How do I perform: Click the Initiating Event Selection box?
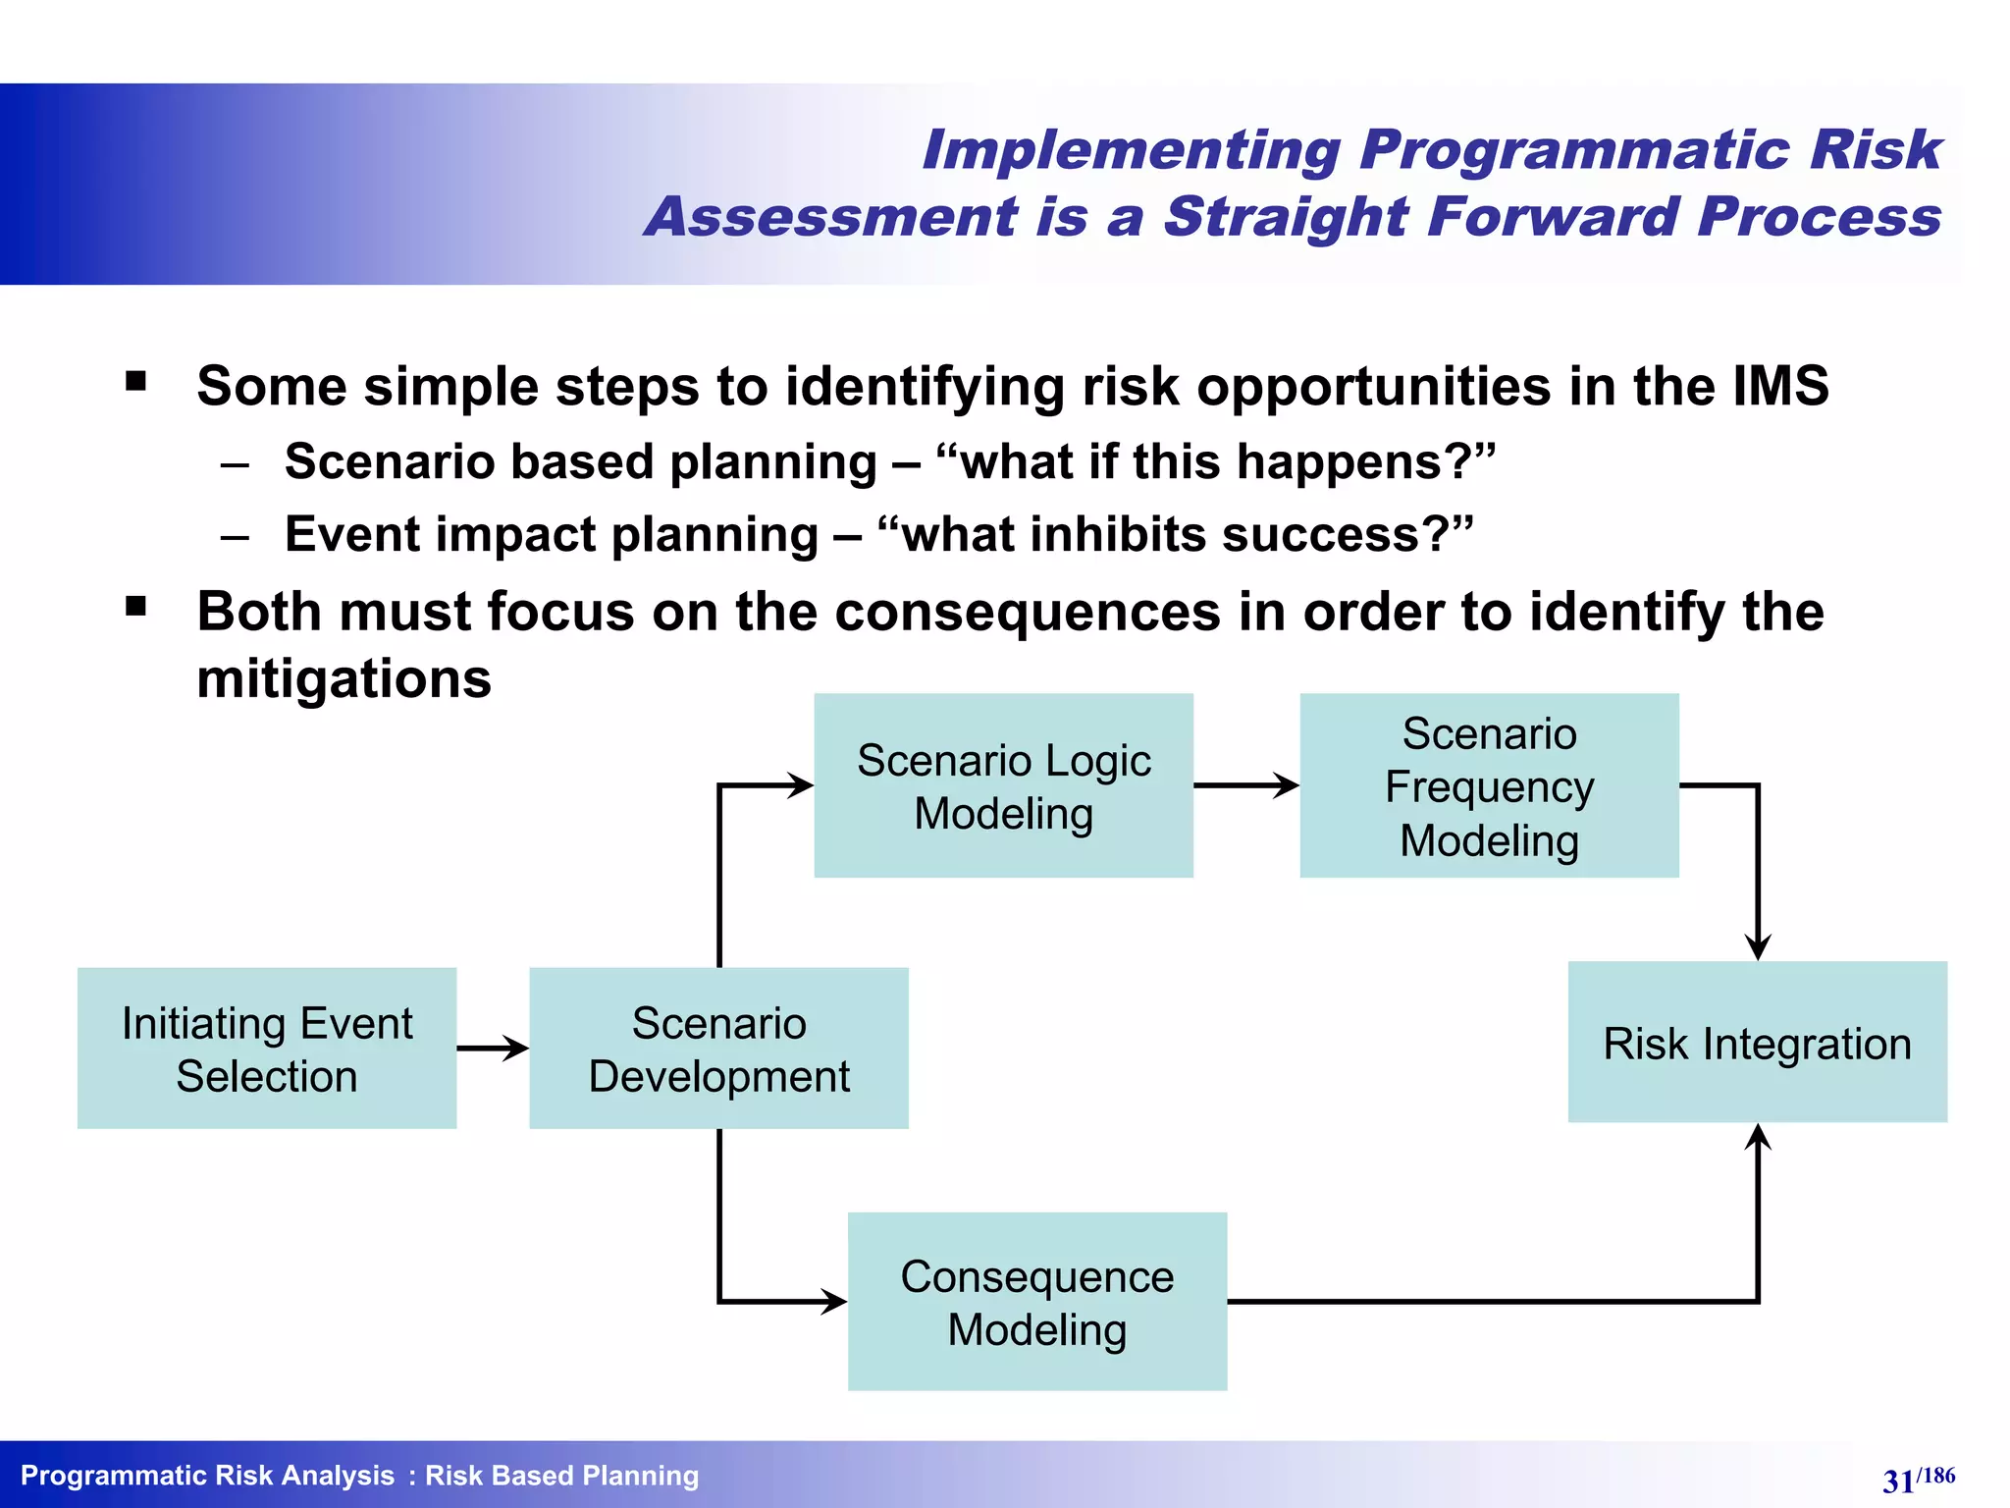coord(266,1049)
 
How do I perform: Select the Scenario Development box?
coord(718,1049)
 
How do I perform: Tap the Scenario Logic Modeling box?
coord(1003,785)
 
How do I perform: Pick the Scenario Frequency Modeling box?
coord(1489,785)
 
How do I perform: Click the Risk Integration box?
coord(1757,1043)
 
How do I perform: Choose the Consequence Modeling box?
coord(1036,1302)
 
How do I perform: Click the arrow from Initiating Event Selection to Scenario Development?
coord(493,1049)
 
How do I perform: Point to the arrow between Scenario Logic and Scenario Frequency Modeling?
coord(1246,785)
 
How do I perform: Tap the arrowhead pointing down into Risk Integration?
coord(1758,946)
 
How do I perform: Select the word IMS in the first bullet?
coord(1780,386)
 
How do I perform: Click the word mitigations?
coord(344,678)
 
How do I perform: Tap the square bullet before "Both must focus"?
coord(136,607)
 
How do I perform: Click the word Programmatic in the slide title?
coord(1574,150)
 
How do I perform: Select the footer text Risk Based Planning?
coord(561,1476)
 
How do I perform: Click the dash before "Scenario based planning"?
coord(236,464)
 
